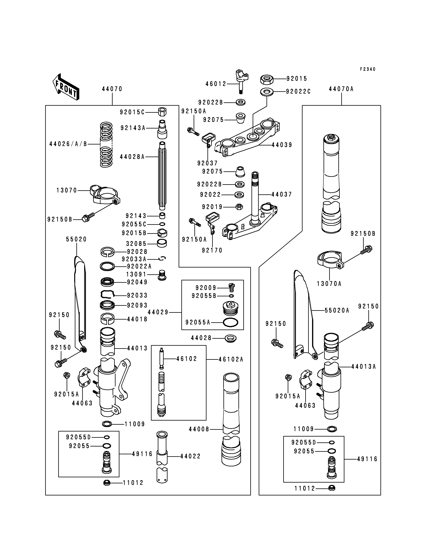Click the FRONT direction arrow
[66, 87]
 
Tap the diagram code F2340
[368, 69]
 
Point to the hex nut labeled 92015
[267, 79]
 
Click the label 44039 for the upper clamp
[282, 145]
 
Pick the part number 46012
[216, 84]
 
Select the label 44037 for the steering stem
[282, 194]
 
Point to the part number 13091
[136, 274]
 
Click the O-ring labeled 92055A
[230, 323]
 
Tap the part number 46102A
[231, 359]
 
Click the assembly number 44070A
[341, 89]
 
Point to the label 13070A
[329, 283]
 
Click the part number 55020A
[337, 310]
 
